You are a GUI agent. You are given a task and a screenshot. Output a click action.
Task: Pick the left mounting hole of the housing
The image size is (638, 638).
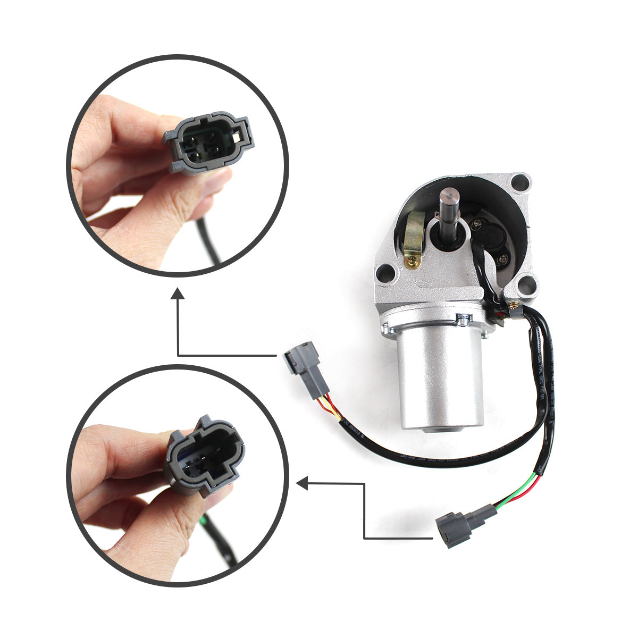pyautogui.click(x=385, y=274)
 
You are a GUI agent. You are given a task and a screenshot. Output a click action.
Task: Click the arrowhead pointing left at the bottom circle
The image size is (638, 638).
pyautogui.click(x=303, y=483)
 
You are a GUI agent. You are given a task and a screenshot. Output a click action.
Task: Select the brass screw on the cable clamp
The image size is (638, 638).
pyautogui.click(x=514, y=306)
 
